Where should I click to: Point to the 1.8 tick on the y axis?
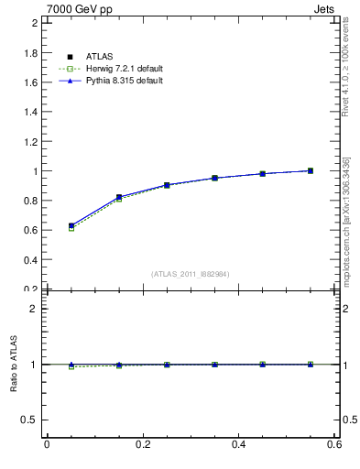(30, 53)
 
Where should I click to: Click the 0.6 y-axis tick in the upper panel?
(30, 230)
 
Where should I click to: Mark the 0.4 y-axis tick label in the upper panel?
(30, 259)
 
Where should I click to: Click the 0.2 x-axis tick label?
(142, 445)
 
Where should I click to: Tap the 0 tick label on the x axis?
(47, 445)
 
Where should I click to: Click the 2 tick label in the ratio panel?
(34, 309)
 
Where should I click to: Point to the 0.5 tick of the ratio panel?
(30, 420)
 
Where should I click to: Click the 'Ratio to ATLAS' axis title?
(14, 364)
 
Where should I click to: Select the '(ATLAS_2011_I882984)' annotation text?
(191, 274)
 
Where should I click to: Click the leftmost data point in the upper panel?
(71, 225)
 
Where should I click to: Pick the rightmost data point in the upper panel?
(311, 170)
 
